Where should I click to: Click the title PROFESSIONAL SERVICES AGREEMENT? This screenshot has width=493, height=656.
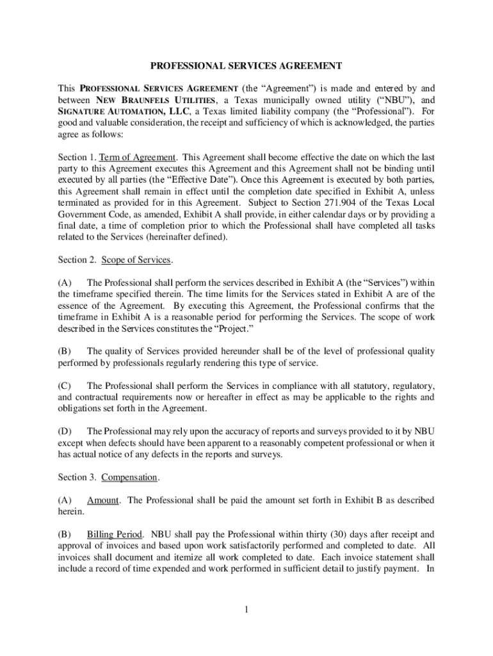(246, 66)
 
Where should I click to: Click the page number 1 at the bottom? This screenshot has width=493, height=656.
(246, 609)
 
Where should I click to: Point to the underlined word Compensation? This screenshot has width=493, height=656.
(129, 477)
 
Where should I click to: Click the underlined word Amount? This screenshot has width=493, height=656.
(103, 500)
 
